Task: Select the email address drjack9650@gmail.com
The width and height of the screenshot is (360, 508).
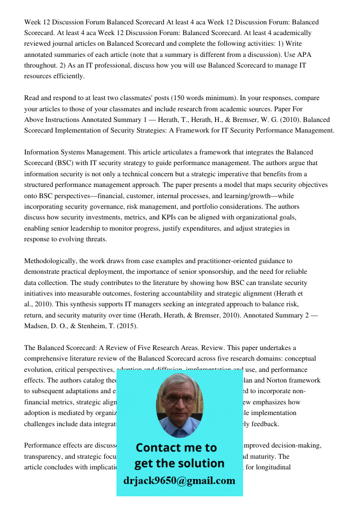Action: click(x=179, y=481)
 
